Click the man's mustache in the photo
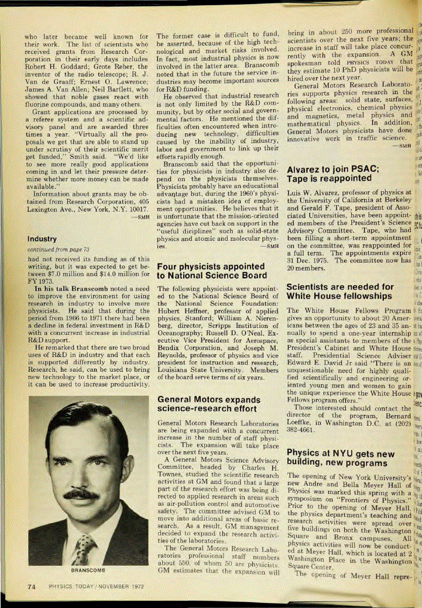point(81,495)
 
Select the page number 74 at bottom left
point(32,587)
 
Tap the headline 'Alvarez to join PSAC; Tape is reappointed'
point(333,174)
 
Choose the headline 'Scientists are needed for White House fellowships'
point(339,292)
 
